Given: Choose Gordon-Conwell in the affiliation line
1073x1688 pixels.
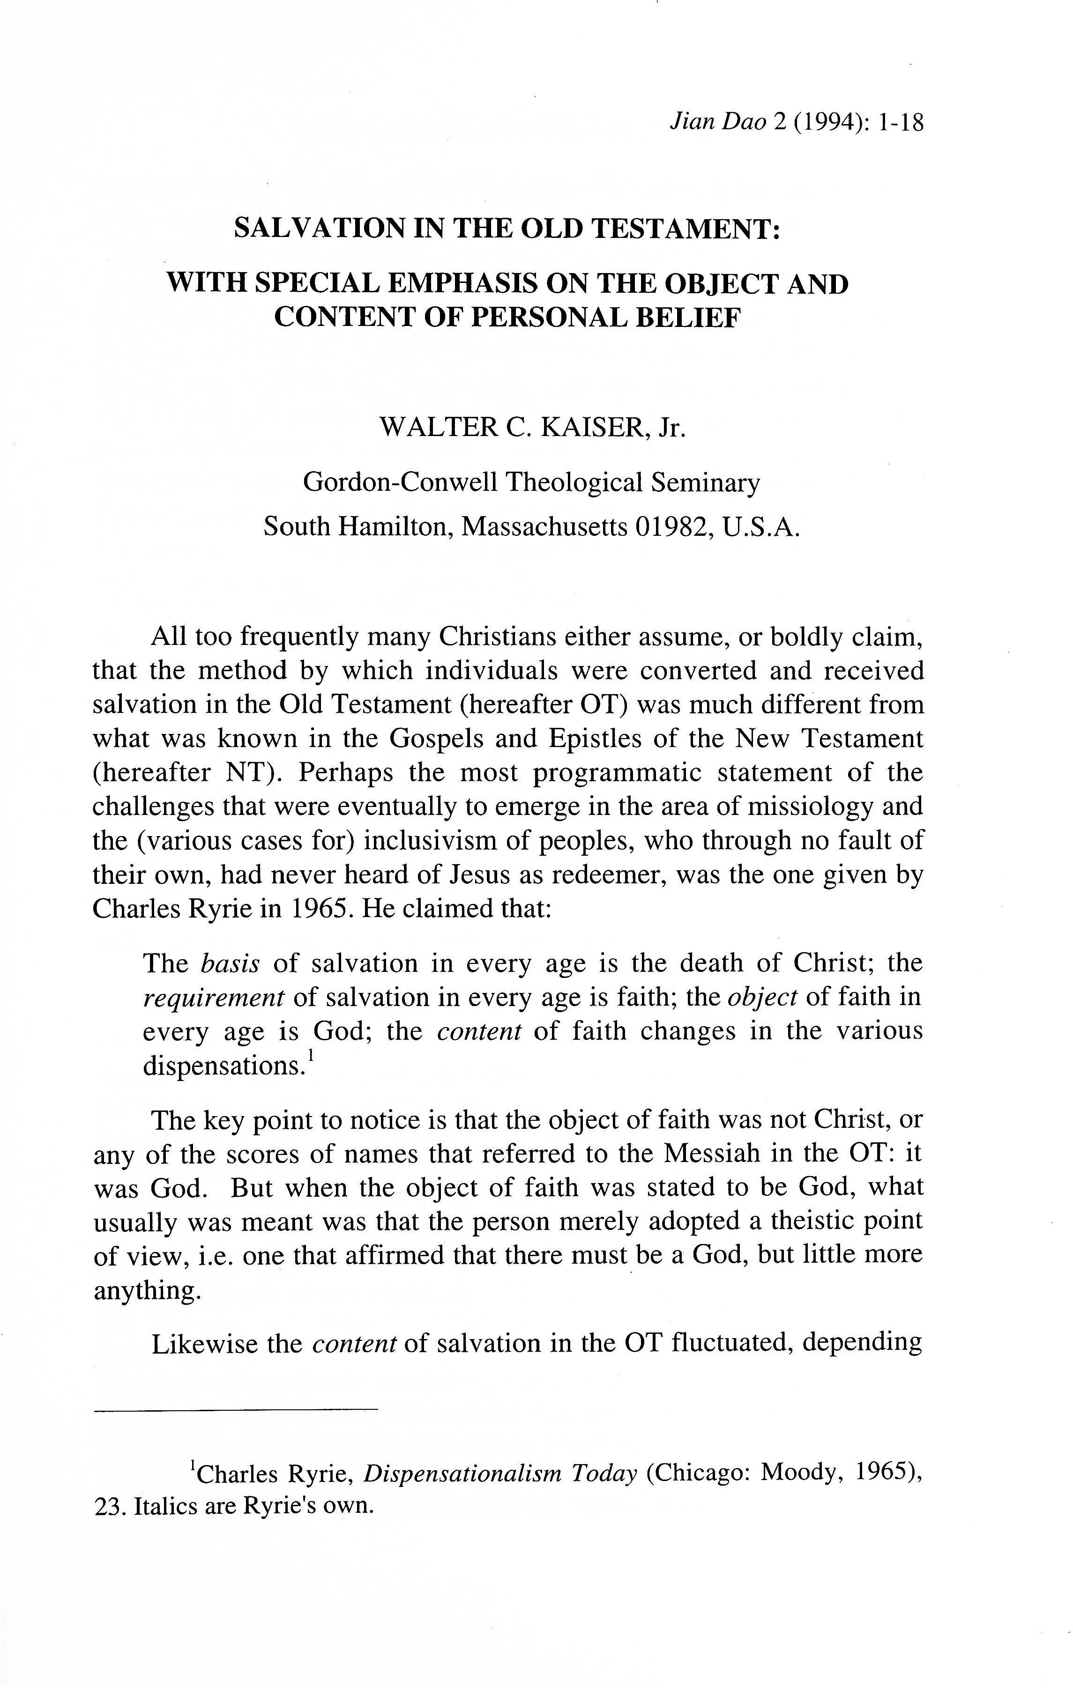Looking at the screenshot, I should pos(401,482).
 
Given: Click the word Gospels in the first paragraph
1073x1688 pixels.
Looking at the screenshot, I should pos(439,738).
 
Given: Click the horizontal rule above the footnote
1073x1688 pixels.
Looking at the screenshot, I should pos(236,1409).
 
